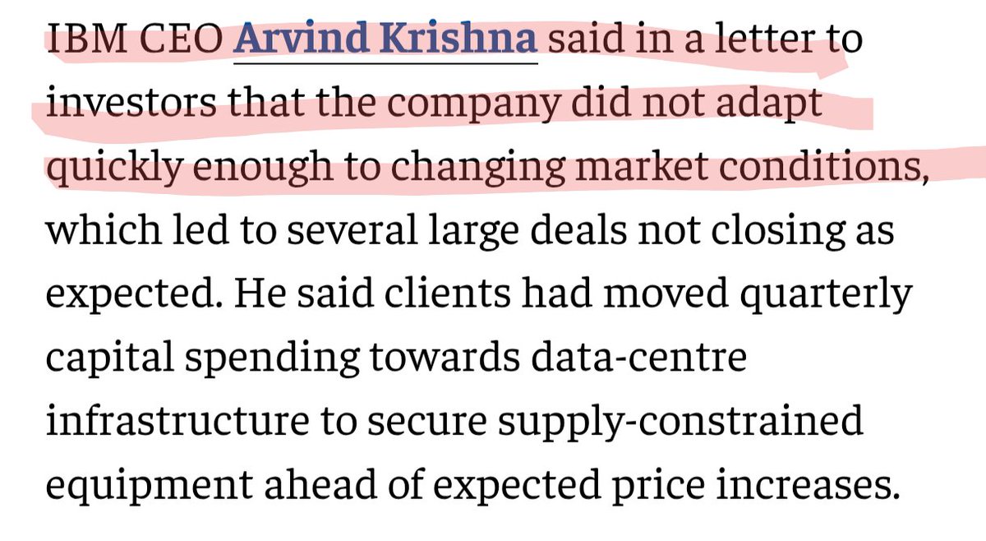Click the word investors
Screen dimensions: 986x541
click(131, 103)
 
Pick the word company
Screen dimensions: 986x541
click(474, 106)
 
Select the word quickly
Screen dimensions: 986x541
click(114, 167)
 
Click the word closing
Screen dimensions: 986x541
click(778, 232)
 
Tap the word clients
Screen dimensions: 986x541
click(447, 294)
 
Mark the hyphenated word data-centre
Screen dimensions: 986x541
click(639, 358)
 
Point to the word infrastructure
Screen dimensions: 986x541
click(177, 421)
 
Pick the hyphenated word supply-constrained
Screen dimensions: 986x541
click(680, 423)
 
